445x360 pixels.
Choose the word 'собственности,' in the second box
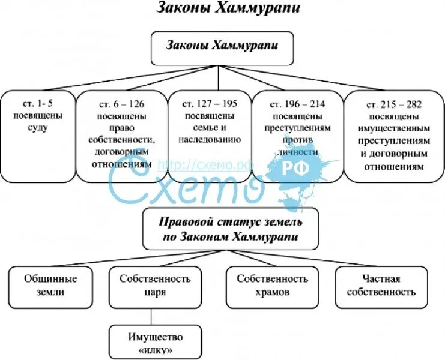[122, 139]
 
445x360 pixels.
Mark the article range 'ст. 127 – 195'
[210, 103]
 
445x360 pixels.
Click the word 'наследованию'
[210, 139]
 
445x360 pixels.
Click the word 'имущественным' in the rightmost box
[394, 127]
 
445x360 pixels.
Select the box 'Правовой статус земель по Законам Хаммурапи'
[231, 229]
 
